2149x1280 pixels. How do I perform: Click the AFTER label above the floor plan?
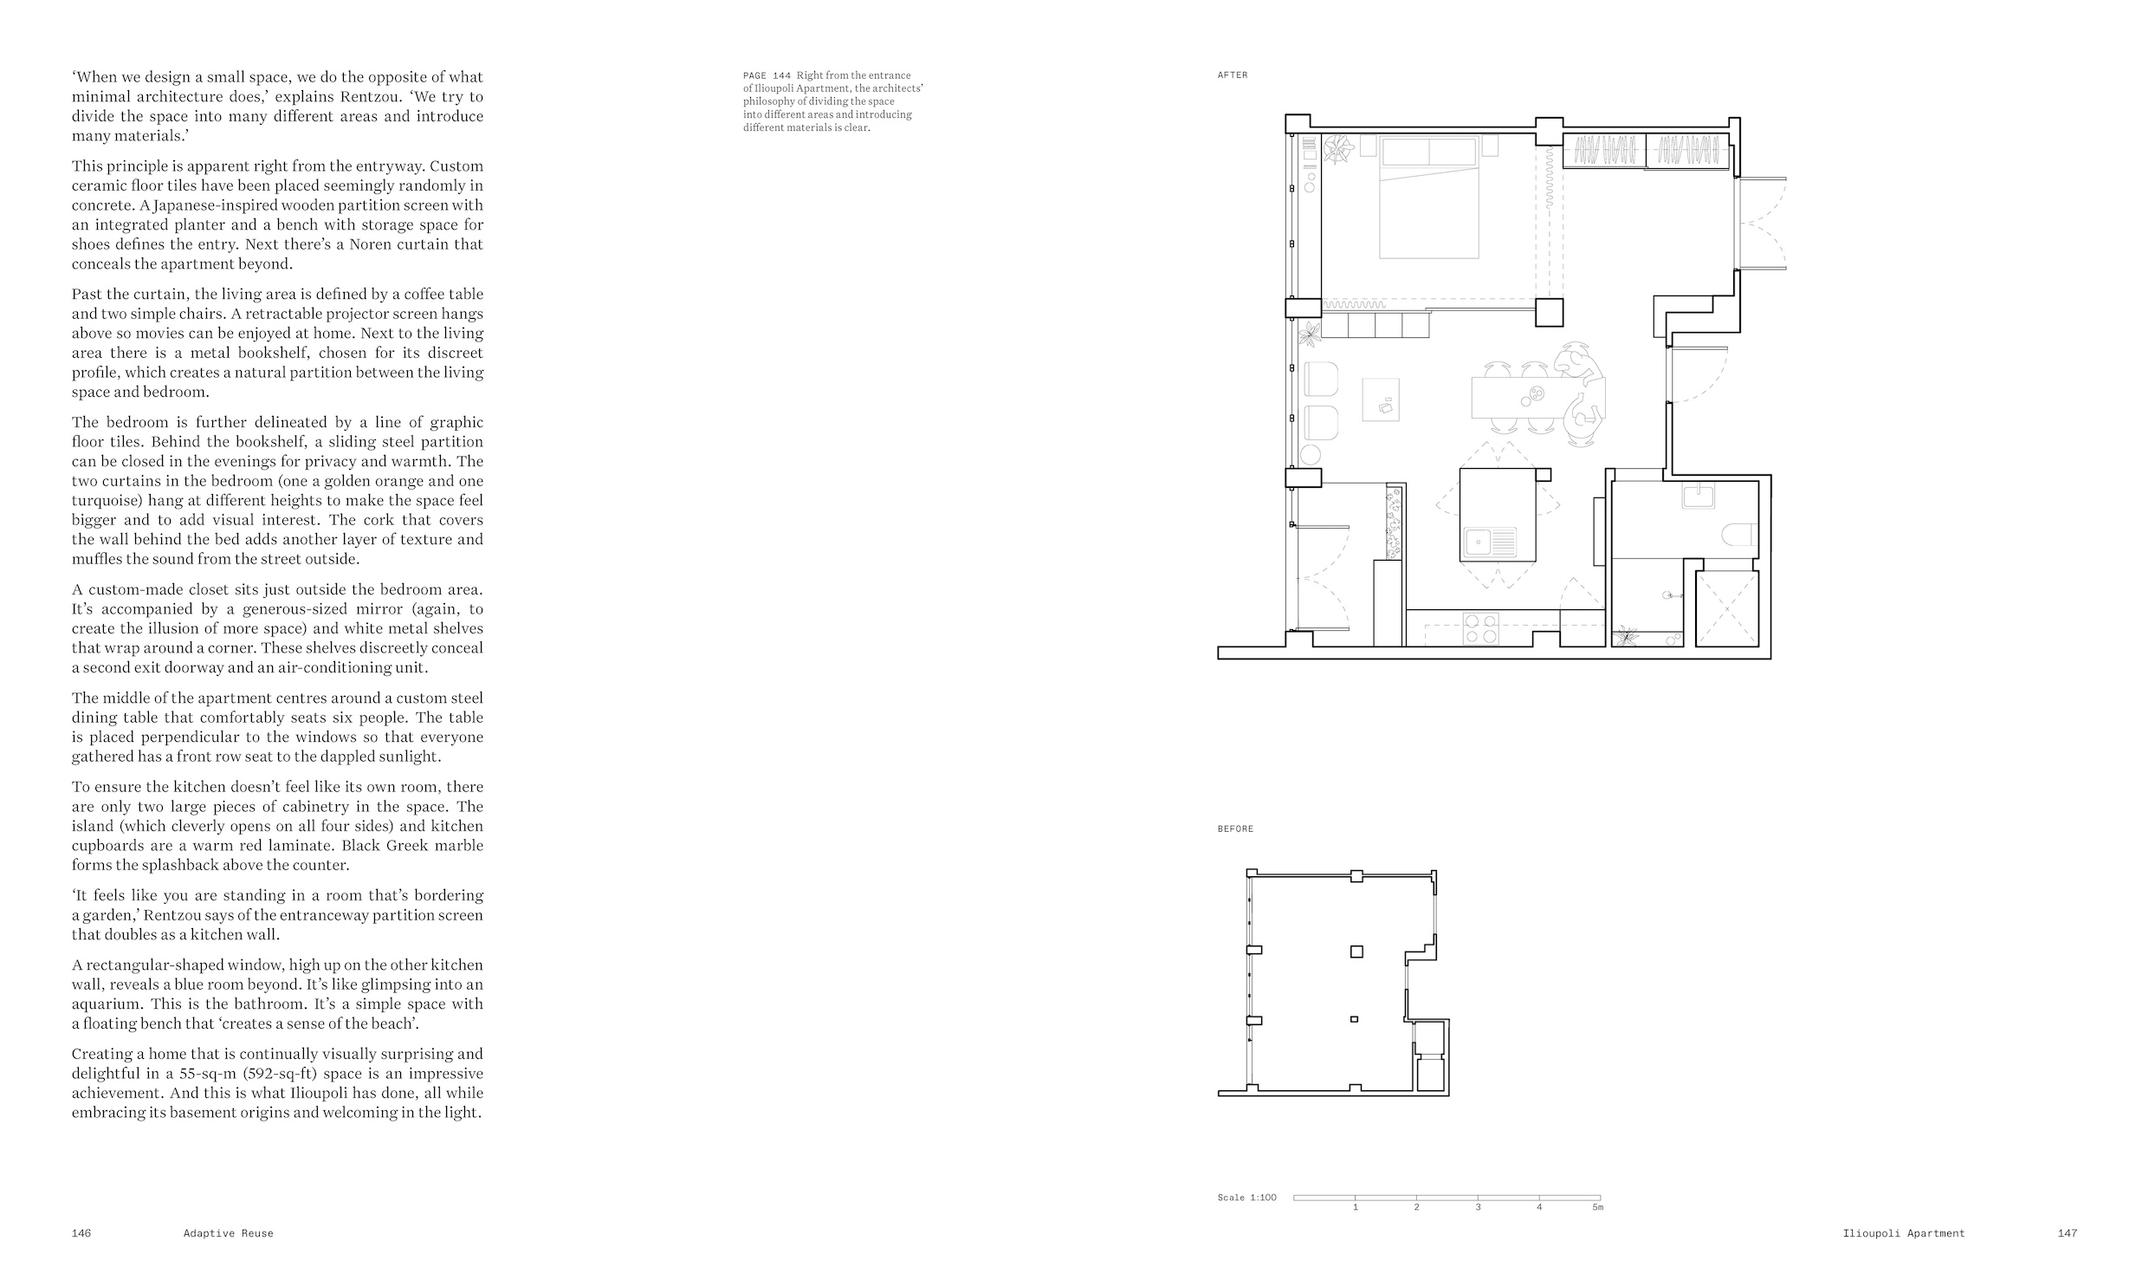click(x=1233, y=75)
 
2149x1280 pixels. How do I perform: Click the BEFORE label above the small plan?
click(x=1235, y=829)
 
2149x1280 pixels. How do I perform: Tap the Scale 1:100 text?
click(x=1246, y=1198)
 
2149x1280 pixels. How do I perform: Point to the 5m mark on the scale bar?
click(x=1597, y=1207)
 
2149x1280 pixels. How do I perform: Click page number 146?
click(x=81, y=1233)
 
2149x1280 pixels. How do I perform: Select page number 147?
click(x=2068, y=1233)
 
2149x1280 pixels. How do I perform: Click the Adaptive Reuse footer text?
click(x=228, y=1233)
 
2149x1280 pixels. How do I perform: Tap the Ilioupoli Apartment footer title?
click(x=1904, y=1233)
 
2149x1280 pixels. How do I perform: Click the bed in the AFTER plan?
click(x=1428, y=198)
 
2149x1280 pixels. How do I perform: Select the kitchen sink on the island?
click(x=1490, y=542)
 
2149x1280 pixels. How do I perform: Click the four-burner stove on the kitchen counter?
click(x=1480, y=629)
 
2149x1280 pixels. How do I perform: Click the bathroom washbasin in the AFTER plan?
click(x=1698, y=496)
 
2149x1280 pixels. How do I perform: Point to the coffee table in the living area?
click(x=1381, y=400)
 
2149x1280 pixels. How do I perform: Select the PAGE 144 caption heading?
click(x=767, y=75)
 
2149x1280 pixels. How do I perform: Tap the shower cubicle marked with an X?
click(x=1727, y=608)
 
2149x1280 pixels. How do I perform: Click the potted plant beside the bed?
click(x=1339, y=149)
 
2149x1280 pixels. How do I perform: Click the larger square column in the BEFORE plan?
click(x=1356, y=952)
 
